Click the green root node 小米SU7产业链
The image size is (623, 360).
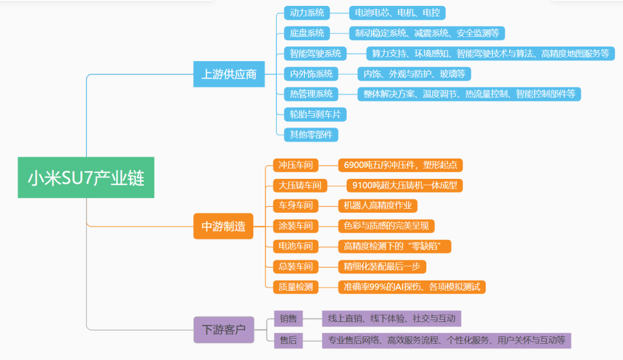pos(86,177)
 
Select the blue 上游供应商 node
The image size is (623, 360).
pos(228,74)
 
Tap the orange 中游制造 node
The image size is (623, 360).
pos(223,227)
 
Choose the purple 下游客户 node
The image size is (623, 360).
pos(223,330)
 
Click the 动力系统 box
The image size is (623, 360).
pos(307,13)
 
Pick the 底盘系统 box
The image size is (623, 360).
pos(307,33)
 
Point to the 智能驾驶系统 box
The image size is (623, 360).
pos(316,54)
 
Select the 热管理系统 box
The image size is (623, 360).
pos(311,94)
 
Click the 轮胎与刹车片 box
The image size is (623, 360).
pos(315,114)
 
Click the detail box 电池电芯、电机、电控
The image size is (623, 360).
pos(397,13)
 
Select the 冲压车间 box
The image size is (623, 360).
pos(295,165)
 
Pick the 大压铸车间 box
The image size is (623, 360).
pos(300,185)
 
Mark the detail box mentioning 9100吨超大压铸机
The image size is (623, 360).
pos(405,185)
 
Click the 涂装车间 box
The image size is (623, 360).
pos(295,226)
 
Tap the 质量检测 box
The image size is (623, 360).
pos(295,286)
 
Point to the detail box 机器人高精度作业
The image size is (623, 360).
pos(377,205)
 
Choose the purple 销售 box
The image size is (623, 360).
pos(288,318)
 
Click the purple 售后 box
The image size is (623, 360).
pos(288,340)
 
